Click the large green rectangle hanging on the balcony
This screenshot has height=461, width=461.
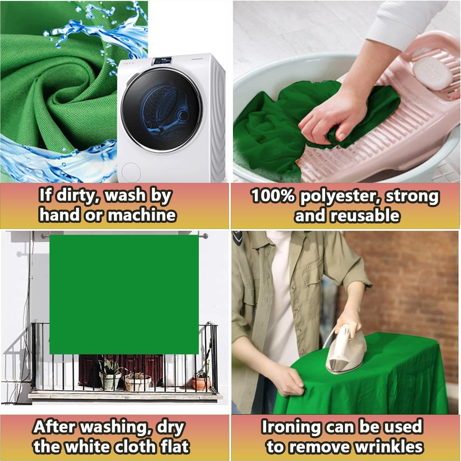tap(124, 294)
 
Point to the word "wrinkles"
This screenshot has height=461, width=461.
tap(389, 447)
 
